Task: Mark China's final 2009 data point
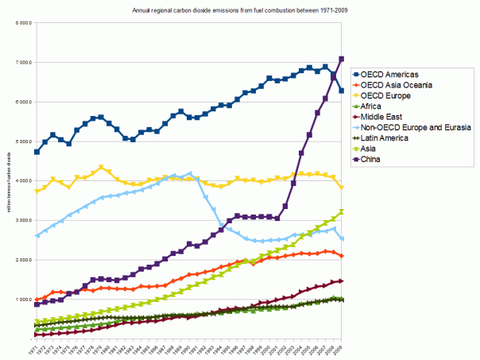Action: coord(341,59)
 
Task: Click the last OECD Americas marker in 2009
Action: coord(341,91)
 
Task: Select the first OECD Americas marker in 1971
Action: coord(37,152)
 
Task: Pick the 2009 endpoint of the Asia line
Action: coord(341,211)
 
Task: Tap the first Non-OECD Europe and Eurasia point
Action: coord(37,235)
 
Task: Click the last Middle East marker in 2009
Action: coord(341,281)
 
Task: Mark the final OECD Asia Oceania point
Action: coord(341,256)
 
